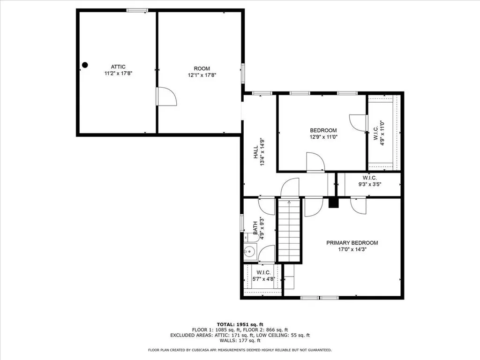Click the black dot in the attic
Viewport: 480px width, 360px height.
85,65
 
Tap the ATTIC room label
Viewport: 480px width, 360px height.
118,67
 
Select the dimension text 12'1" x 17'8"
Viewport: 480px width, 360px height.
202,75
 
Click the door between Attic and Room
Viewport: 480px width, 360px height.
166,97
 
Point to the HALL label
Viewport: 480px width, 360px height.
256,151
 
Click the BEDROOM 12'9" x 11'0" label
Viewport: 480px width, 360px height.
323,130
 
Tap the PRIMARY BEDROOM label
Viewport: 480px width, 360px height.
352,243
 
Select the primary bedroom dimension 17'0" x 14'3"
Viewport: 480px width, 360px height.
352,250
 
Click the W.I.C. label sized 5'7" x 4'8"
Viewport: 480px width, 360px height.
263,272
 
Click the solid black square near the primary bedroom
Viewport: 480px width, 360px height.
333,202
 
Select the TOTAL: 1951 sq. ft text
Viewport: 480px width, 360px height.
240,324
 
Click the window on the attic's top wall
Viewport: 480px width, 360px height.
137,10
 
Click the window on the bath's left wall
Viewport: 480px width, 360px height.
242,222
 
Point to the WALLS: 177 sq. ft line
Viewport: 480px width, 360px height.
240,340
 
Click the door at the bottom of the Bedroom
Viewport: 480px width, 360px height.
315,162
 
